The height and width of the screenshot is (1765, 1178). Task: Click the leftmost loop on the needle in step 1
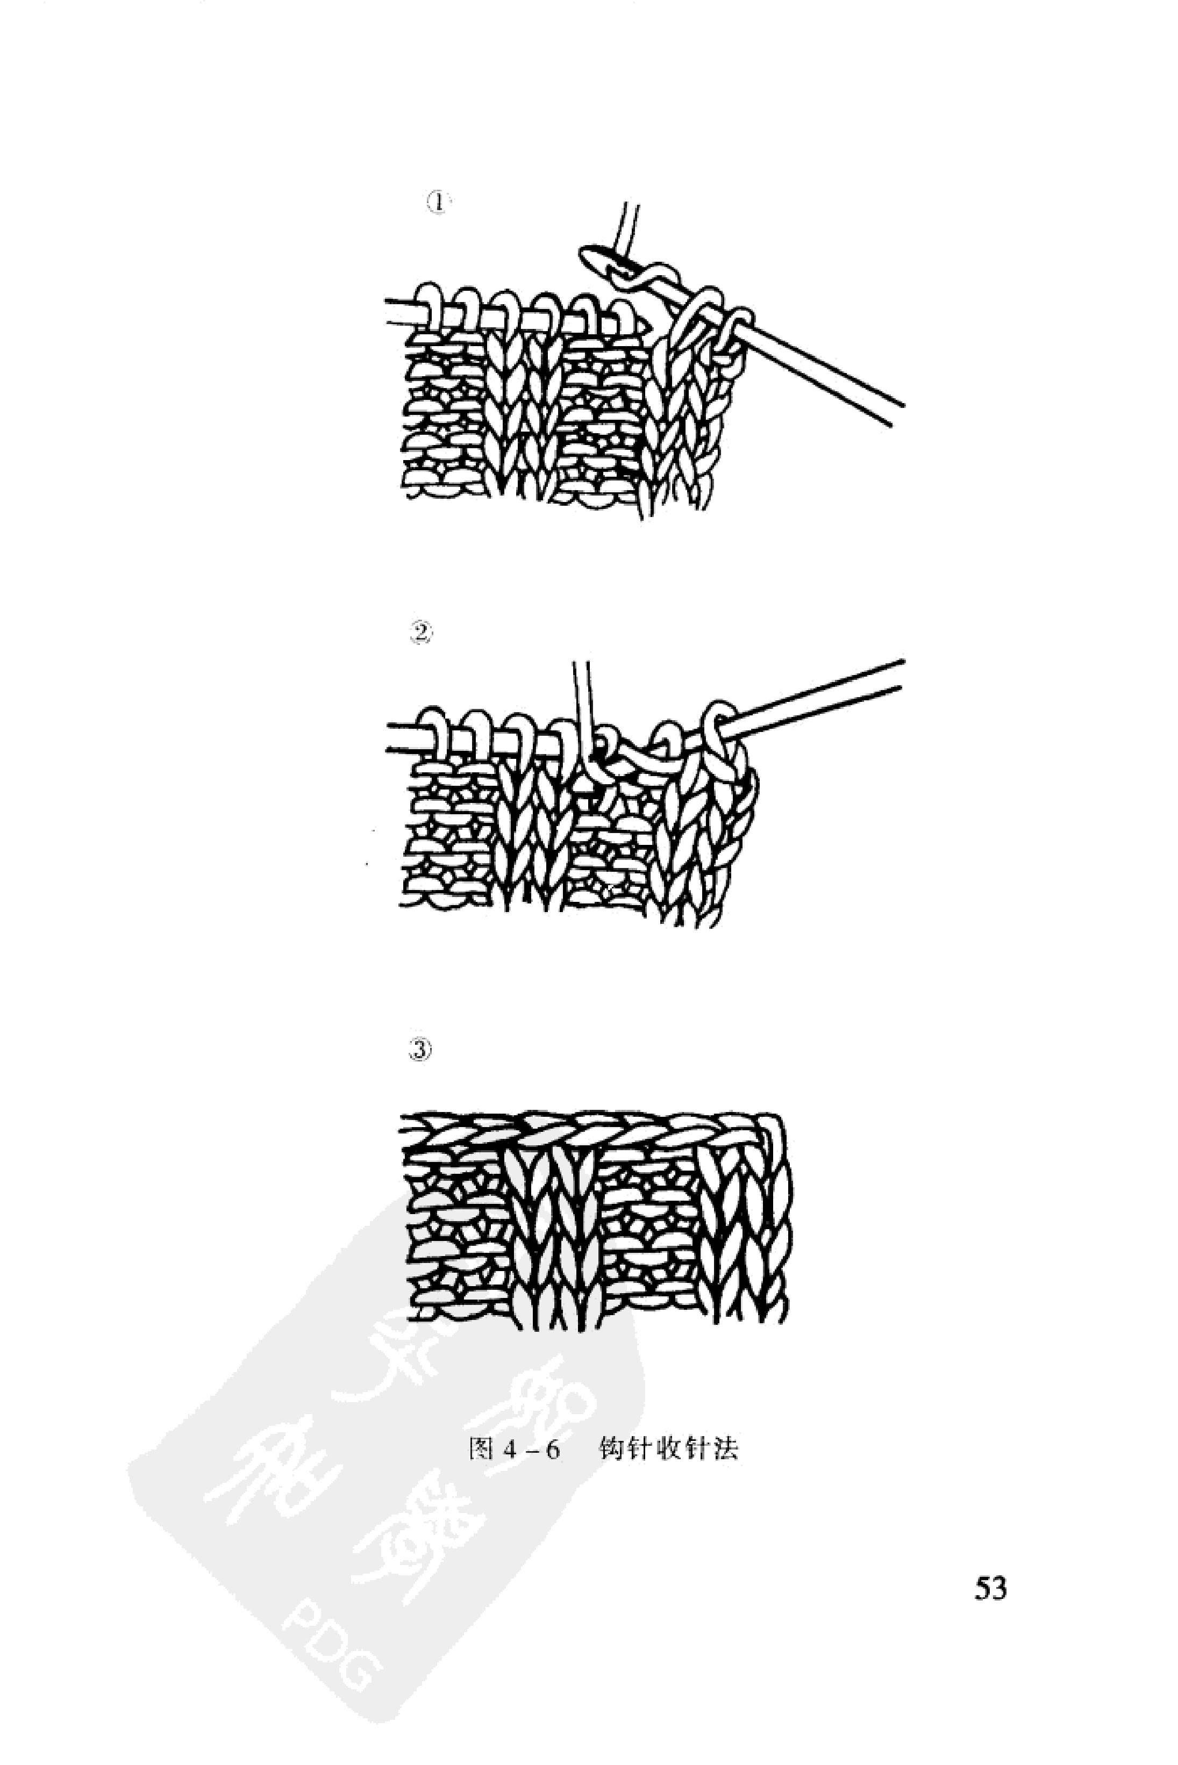click(x=431, y=306)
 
